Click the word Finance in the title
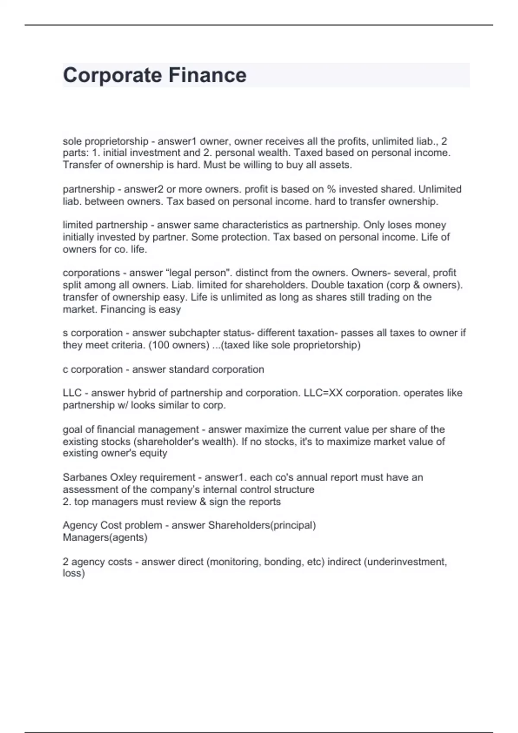[207, 75]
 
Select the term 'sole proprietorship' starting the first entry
[105, 141]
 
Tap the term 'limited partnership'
[105, 225]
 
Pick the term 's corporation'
[93, 333]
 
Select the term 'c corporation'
[93, 370]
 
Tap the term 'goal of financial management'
[131, 429]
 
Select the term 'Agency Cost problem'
[112, 525]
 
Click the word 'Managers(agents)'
[105, 538]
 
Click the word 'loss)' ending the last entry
[74, 573]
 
